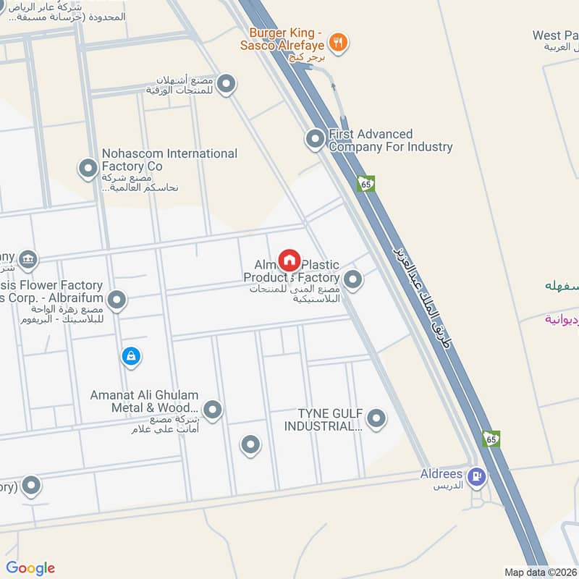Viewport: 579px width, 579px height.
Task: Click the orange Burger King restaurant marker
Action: (x=339, y=43)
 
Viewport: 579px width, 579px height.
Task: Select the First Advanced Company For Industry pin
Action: (x=315, y=138)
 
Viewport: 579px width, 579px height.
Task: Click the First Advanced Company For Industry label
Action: (x=390, y=140)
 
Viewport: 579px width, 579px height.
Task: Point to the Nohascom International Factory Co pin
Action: (x=88, y=169)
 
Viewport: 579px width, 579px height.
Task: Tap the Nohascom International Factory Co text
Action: (x=169, y=160)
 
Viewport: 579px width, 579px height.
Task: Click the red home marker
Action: (x=289, y=260)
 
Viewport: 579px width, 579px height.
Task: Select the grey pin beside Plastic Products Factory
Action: (x=352, y=278)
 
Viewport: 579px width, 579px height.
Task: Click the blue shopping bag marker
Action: (x=131, y=355)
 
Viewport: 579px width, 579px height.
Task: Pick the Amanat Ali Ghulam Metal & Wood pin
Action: (x=212, y=410)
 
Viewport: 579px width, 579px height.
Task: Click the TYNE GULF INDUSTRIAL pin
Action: (x=376, y=418)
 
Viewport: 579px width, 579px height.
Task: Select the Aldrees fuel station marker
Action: (x=476, y=476)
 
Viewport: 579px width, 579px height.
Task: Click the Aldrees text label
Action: (x=441, y=474)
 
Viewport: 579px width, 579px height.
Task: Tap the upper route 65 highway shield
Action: (x=365, y=184)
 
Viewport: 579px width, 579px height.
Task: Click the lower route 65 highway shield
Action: (x=491, y=439)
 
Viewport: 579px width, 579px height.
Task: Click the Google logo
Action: (x=30, y=568)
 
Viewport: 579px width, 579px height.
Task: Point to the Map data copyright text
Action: (x=539, y=572)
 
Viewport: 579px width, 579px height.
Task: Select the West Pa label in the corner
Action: (x=555, y=35)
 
